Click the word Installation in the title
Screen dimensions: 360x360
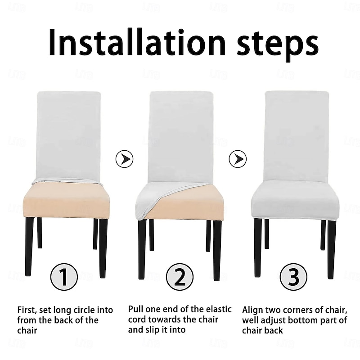pyautogui.click(x=137, y=42)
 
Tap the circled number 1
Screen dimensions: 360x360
pyautogui.click(x=64, y=277)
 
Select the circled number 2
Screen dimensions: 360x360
pyautogui.click(x=180, y=277)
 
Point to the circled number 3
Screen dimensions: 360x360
pyautogui.click(x=294, y=277)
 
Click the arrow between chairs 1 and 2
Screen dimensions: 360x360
pyautogui.click(x=125, y=159)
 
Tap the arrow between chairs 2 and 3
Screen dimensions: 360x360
pyautogui.click(x=238, y=159)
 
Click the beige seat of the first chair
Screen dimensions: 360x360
pyautogui.click(x=67, y=202)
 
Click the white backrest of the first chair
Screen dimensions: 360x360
pyautogui.click(x=68, y=134)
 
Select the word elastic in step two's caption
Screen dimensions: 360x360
pyautogui.click(x=219, y=309)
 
